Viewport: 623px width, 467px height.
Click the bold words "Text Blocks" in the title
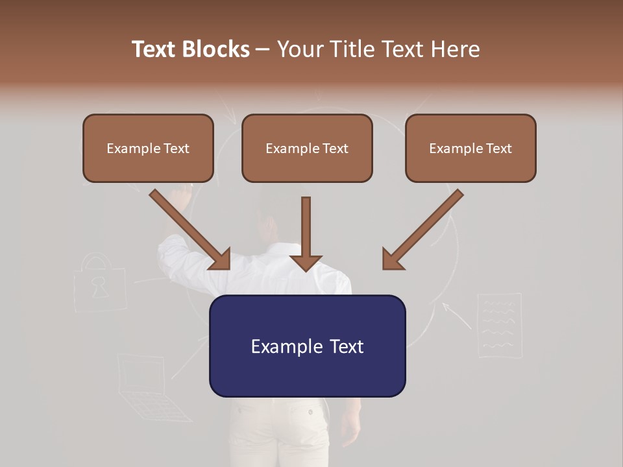(190, 49)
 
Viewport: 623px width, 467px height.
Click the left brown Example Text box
(148, 148)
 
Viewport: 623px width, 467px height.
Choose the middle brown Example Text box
(307, 148)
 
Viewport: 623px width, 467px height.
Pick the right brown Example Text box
(470, 148)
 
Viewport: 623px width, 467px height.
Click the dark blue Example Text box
(307, 346)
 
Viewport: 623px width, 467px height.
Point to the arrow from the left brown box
(191, 230)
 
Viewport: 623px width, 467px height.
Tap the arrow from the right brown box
(422, 230)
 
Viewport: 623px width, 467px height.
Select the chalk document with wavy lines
(500, 324)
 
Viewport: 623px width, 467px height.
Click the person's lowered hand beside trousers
(350, 428)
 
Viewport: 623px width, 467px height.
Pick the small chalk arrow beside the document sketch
(456, 315)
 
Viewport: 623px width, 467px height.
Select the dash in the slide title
(263, 49)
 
